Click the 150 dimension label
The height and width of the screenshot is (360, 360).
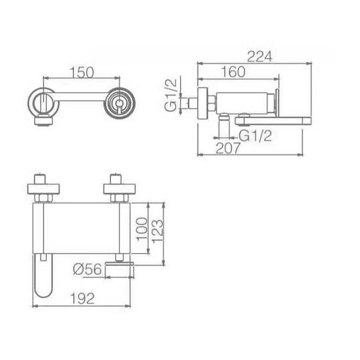82,72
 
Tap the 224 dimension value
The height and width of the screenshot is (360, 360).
260,56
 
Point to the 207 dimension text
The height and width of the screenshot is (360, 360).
228,148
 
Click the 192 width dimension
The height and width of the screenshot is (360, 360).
82,298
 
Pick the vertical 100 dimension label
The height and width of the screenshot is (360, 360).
142,229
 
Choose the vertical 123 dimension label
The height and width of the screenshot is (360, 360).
157,231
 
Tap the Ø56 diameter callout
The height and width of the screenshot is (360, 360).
87,269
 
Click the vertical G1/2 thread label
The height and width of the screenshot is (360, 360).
171,95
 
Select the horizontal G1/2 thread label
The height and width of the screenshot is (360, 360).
255,136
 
